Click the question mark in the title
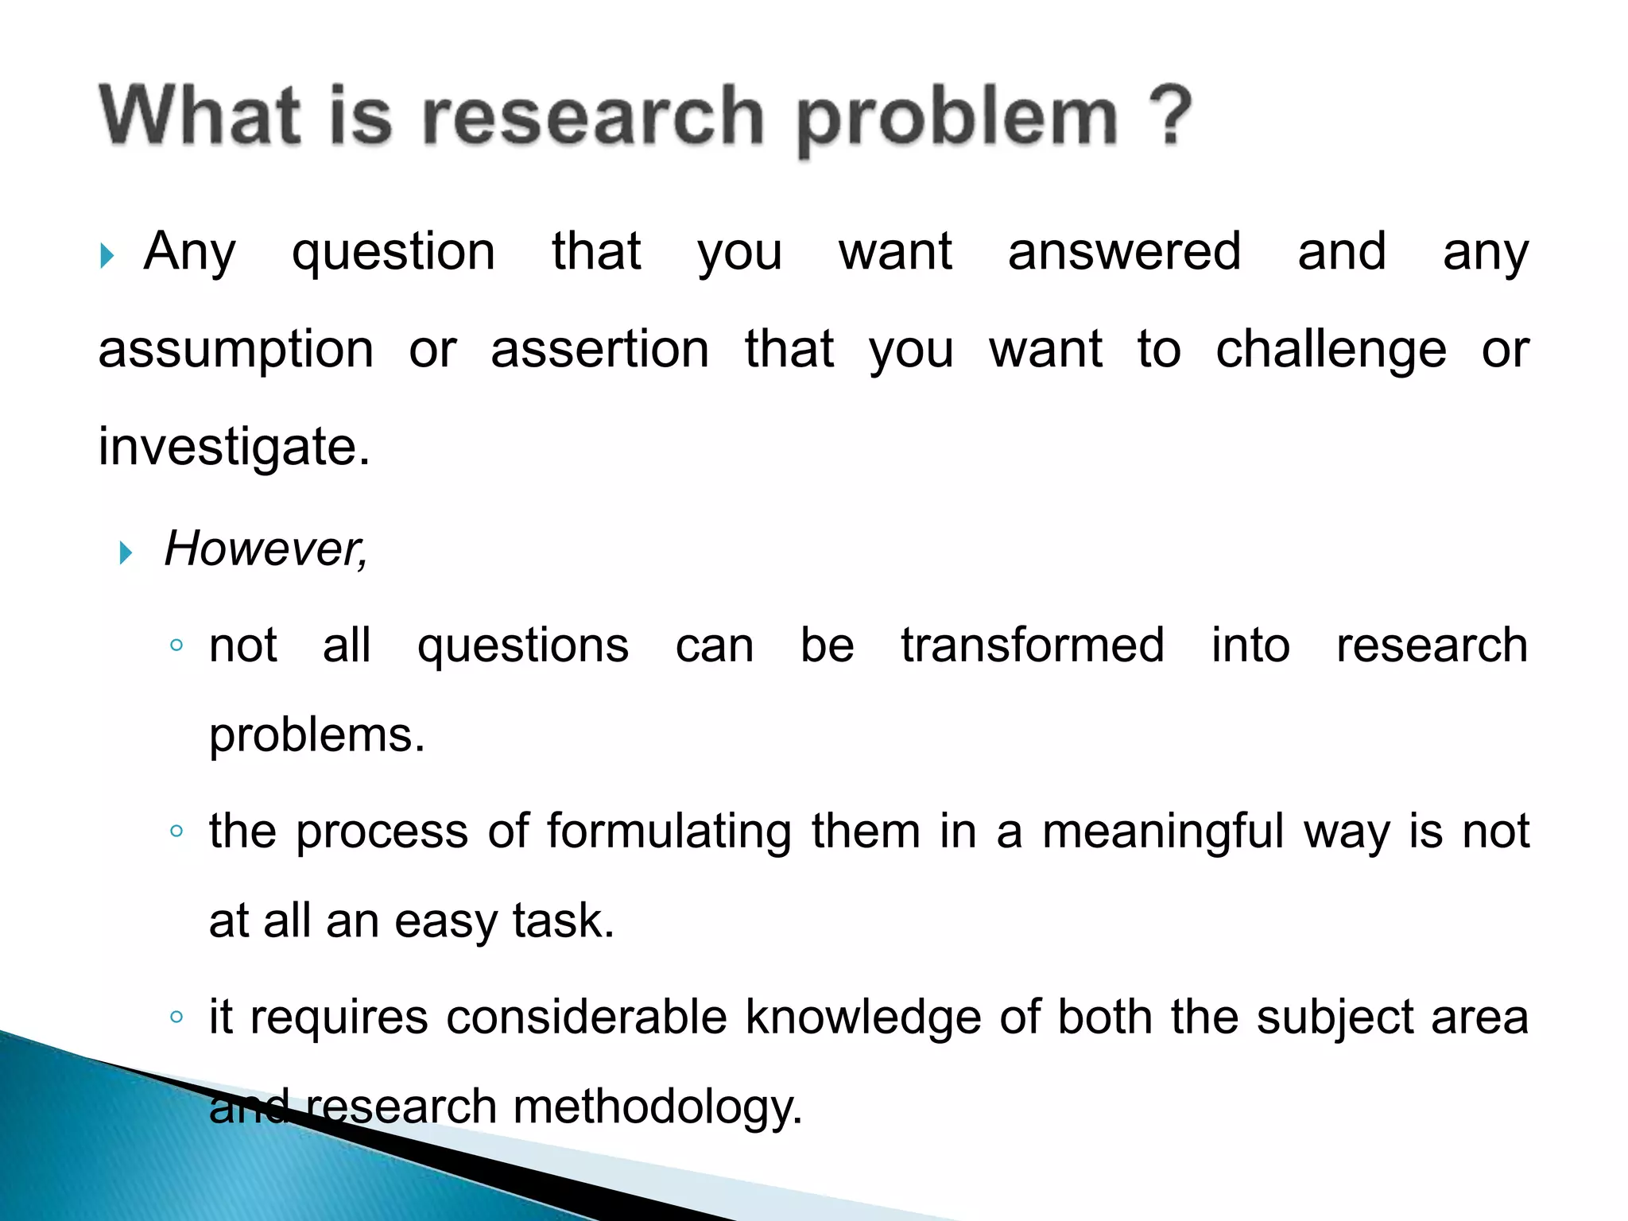[x=1169, y=114]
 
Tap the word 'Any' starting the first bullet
[x=189, y=252]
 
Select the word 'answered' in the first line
[x=1124, y=252]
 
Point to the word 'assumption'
[x=236, y=350]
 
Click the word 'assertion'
[x=600, y=350]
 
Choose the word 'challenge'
[x=1331, y=350]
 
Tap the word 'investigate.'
[x=235, y=448]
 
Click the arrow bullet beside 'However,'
[x=126, y=552]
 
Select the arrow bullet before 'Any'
[x=107, y=256]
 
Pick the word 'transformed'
[x=1033, y=645]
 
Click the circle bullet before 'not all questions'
[x=176, y=645]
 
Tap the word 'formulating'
[x=669, y=831]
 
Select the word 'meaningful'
[x=1163, y=831]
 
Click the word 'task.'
[x=564, y=921]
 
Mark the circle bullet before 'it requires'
[x=176, y=1017]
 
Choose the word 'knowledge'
[x=863, y=1017]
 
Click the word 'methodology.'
[x=657, y=1107]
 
